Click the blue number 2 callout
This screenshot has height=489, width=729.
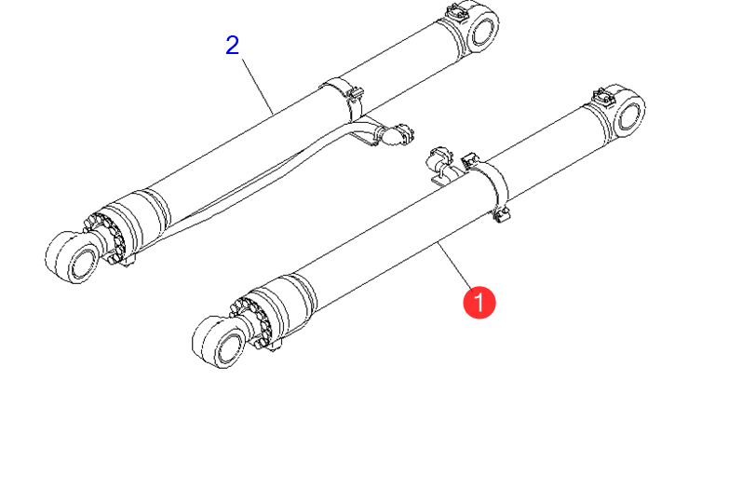(233, 46)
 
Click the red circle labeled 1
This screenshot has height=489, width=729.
(479, 303)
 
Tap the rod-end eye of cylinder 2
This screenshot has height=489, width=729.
(75, 257)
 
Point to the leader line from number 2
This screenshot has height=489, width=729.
(257, 87)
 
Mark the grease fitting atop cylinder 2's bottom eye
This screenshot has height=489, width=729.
(454, 12)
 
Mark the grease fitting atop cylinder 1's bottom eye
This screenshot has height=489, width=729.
(601, 98)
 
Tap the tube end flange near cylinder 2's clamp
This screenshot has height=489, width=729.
(398, 134)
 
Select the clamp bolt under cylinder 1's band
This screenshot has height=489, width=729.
(501, 215)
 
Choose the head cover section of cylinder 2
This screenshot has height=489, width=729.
(140, 219)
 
